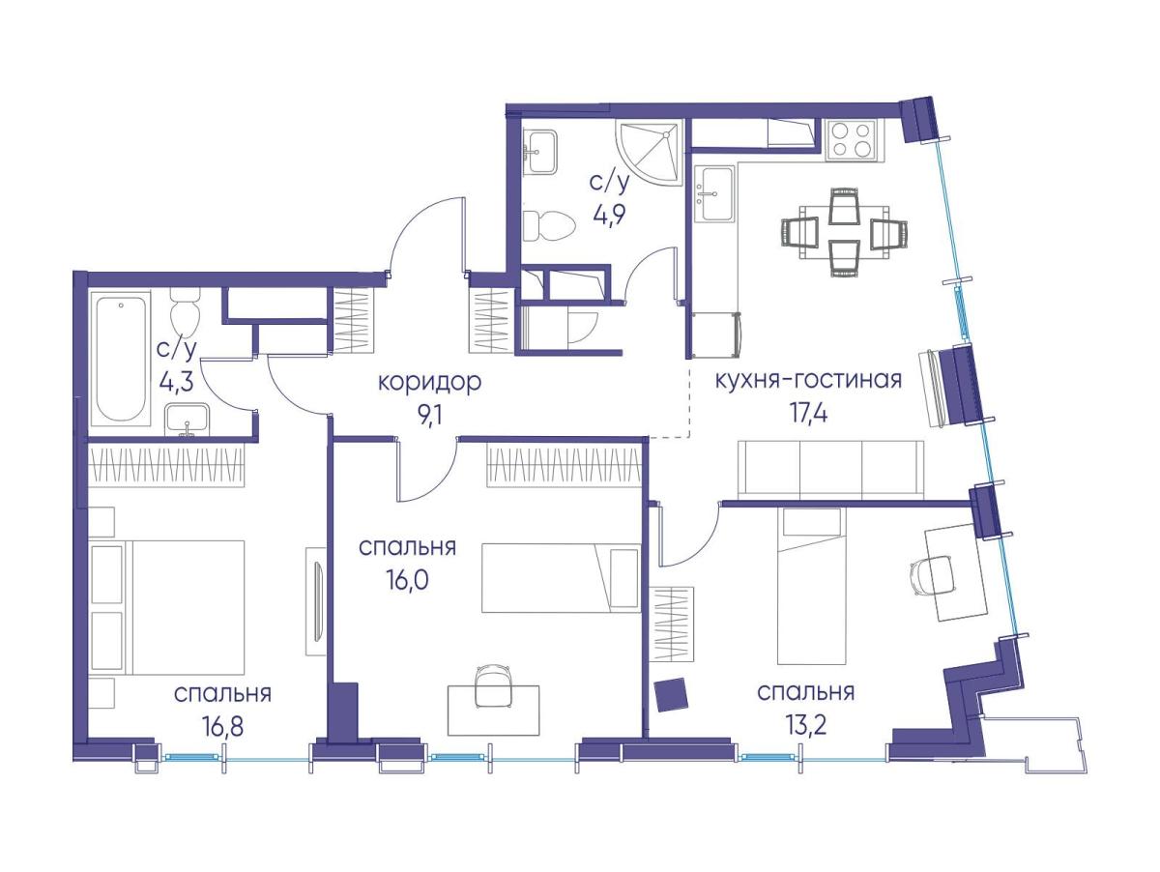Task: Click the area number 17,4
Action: (x=808, y=413)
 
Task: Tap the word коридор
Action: (x=429, y=382)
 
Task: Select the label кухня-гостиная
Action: (x=808, y=380)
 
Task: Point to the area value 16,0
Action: (x=407, y=580)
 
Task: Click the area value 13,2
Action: (x=805, y=726)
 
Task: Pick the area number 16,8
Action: (x=222, y=727)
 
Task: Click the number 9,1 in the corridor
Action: (x=429, y=417)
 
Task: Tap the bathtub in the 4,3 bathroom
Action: (x=121, y=359)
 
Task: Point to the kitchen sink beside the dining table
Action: (x=714, y=193)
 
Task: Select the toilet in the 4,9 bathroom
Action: (x=548, y=226)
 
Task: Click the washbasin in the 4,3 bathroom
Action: (x=187, y=421)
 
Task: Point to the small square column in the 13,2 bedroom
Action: (x=672, y=695)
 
